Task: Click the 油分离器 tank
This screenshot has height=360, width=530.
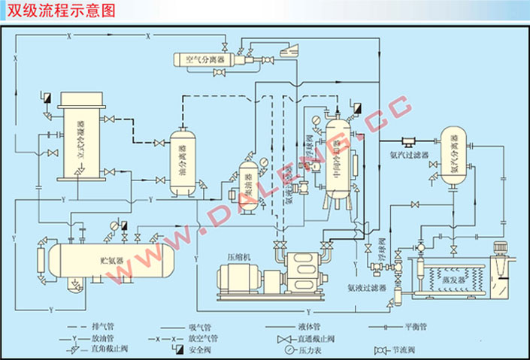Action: (182, 162)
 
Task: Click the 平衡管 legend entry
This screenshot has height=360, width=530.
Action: (413, 328)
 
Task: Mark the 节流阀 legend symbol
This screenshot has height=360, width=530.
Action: (380, 350)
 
